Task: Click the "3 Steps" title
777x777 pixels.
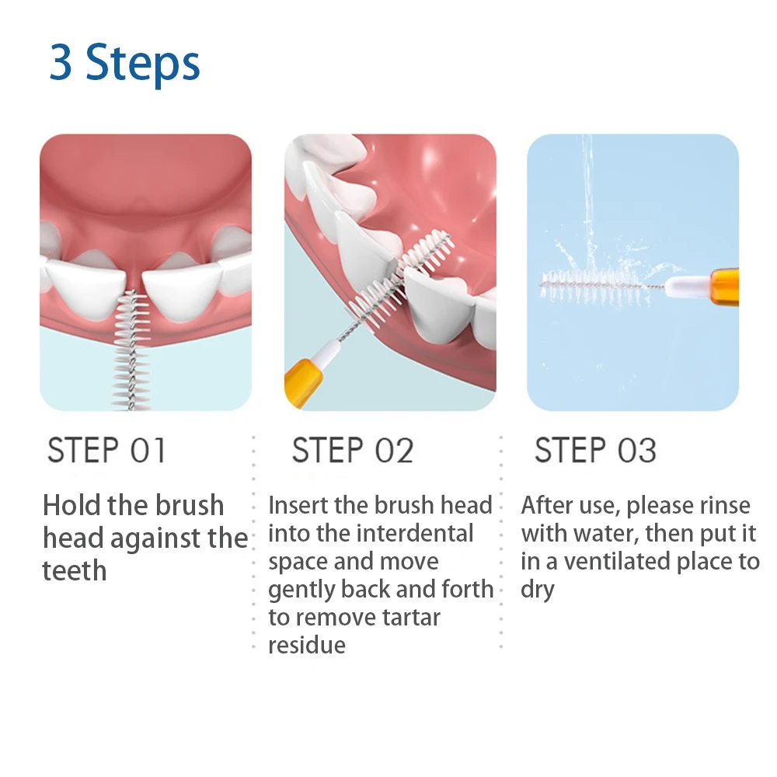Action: click(x=125, y=64)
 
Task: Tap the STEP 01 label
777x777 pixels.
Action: click(x=106, y=451)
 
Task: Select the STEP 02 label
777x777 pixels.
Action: click(x=352, y=451)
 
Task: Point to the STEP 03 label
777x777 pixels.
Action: click(x=595, y=451)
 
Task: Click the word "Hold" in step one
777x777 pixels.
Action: click(x=73, y=505)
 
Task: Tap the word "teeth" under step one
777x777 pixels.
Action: click(x=74, y=570)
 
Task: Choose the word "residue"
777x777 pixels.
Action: click(x=306, y=645)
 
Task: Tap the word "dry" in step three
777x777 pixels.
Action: click(x=537, y=589)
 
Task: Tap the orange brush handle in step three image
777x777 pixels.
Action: click(x=724, y=287)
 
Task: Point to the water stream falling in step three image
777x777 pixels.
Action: click(x=587, y=186)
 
